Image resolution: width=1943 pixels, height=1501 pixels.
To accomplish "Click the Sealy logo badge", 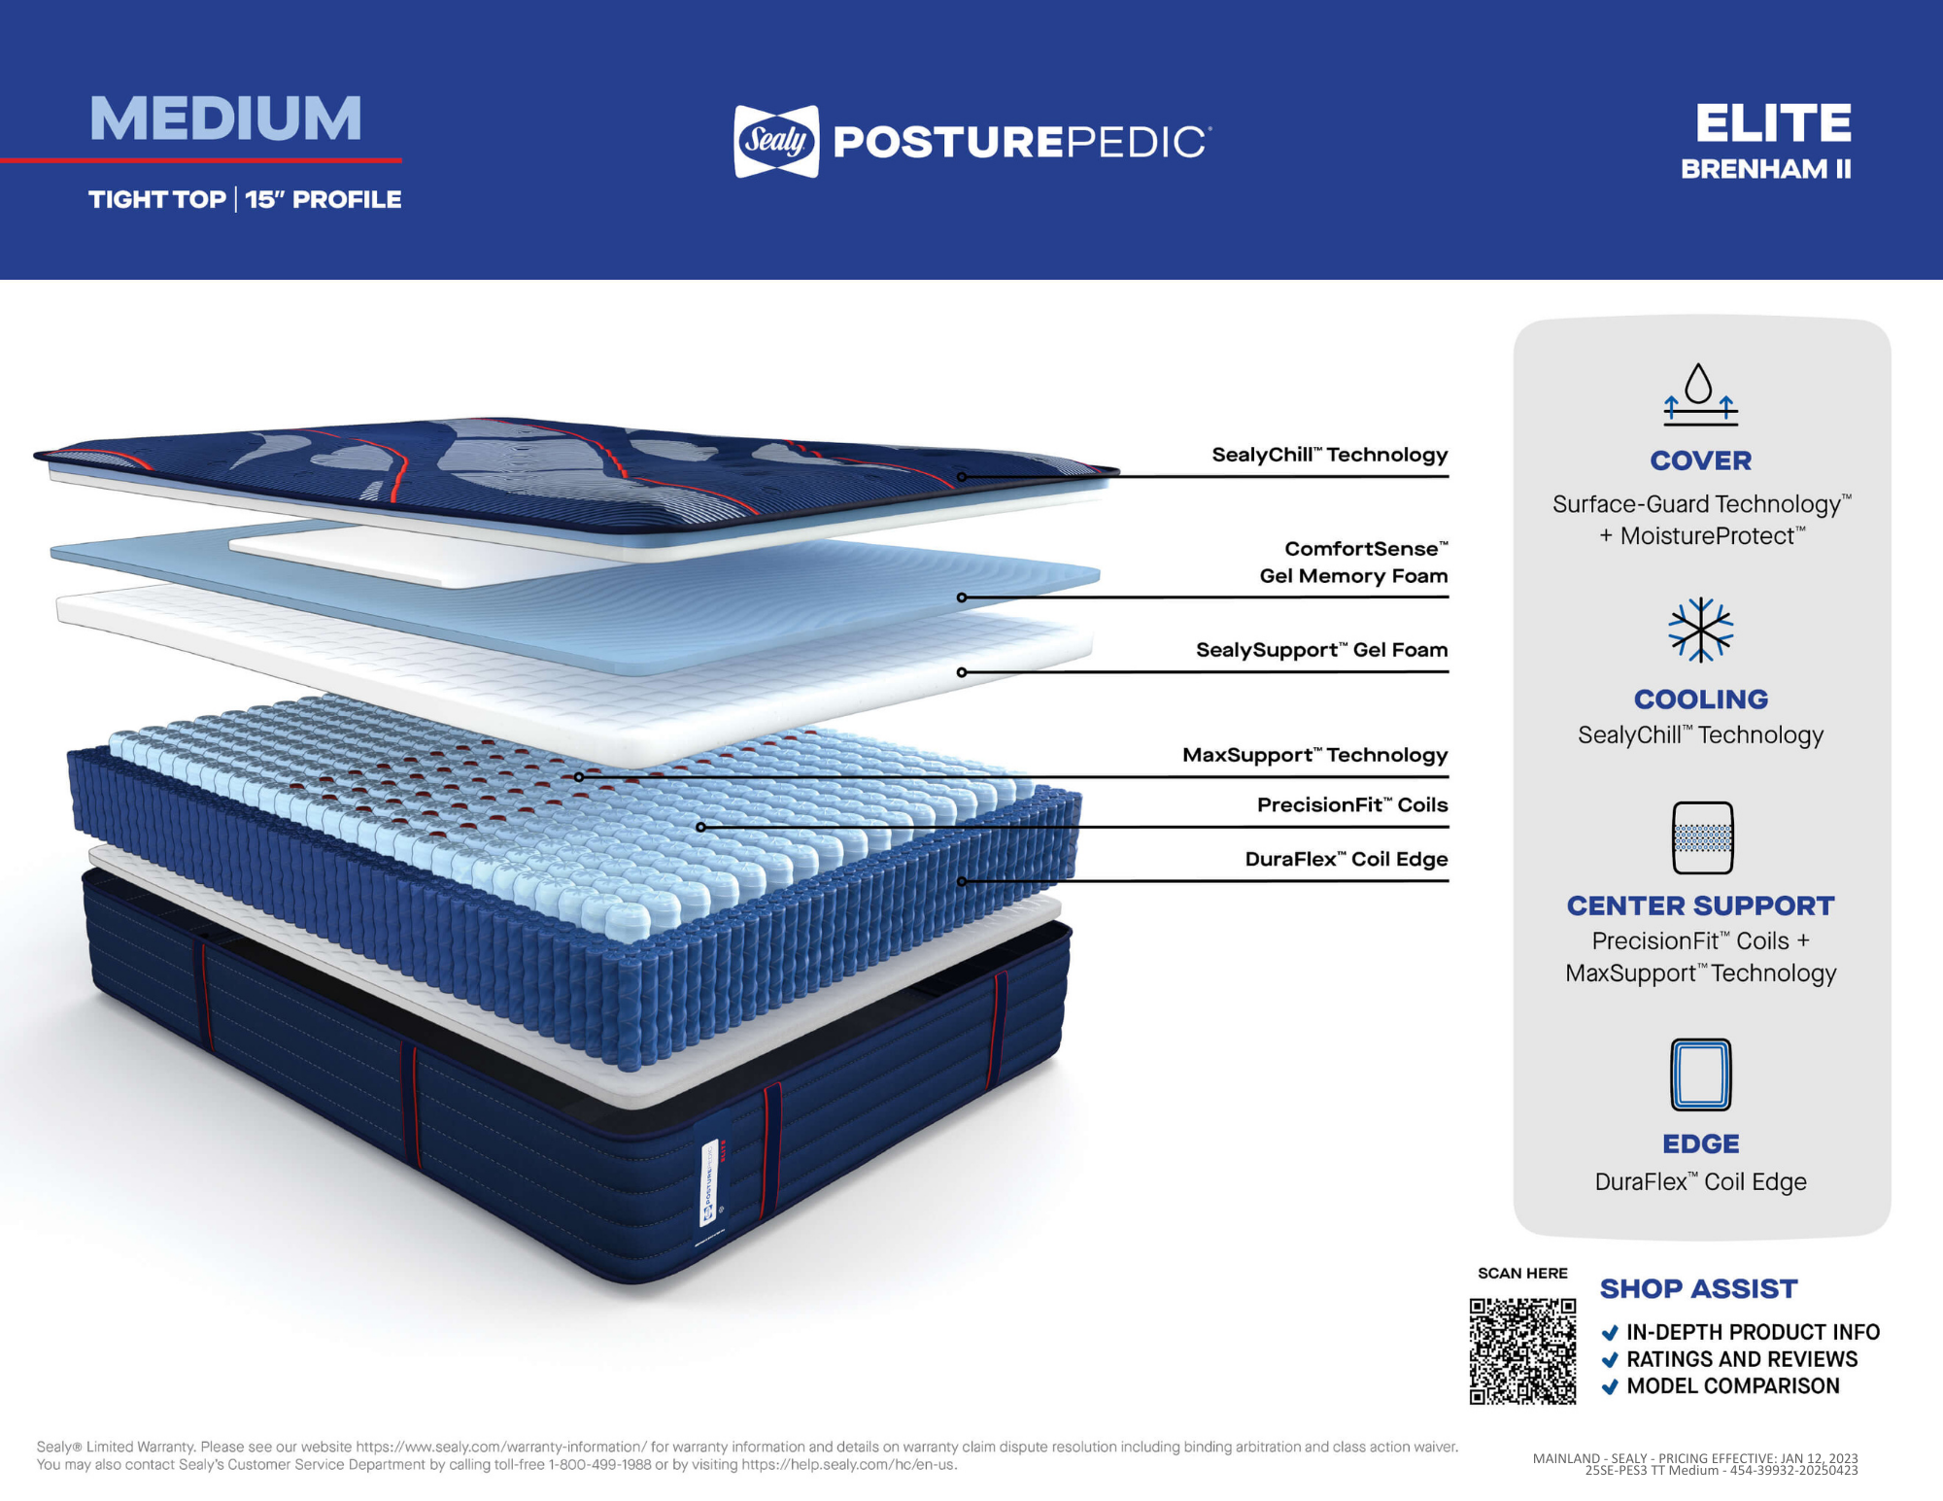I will click(776, 142).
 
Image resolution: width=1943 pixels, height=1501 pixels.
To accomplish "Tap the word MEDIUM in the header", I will click(225, 119).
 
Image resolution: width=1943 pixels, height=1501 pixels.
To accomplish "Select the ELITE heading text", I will click(1773, 123).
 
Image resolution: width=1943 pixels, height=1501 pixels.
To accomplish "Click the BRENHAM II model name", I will click(1765, 169).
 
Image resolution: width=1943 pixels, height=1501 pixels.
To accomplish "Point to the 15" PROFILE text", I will click(323, 199).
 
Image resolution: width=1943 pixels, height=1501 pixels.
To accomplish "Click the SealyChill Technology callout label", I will click(1329, 455).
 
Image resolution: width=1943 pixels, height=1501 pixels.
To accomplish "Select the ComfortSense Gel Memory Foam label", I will click(1353, 563).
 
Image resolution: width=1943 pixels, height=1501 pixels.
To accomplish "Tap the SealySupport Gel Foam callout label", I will click(1321, 650).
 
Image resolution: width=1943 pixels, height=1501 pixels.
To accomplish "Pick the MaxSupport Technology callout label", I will click(1314, 755).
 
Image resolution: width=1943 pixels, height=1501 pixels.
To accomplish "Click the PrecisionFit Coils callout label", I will click(1351, 804).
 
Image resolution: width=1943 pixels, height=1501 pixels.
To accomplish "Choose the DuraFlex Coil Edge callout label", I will click(1346, 859).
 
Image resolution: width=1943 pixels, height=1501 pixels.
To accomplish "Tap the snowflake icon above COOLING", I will click(1700, 630).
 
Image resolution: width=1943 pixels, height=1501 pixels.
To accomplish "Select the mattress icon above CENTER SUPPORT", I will click(1702, 837).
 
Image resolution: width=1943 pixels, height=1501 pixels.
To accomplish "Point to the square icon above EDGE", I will click(1700, 1075).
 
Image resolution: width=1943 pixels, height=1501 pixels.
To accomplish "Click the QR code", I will click(1522, 1351).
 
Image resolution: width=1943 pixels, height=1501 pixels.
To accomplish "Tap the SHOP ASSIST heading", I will click(1698, 1289).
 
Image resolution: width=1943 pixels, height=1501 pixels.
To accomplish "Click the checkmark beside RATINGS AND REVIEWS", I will click(1610, 1360).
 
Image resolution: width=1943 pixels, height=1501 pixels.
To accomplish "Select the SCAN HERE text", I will click(1522, 1274).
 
